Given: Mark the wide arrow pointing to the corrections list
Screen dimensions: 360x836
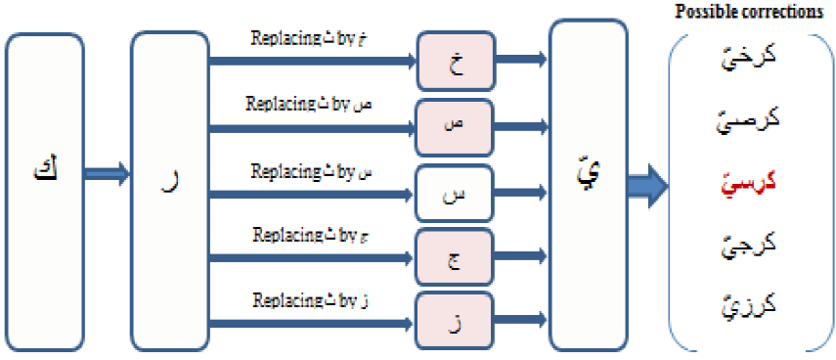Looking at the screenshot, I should [645, 183].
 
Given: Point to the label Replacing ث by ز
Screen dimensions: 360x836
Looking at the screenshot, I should [311, 297].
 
